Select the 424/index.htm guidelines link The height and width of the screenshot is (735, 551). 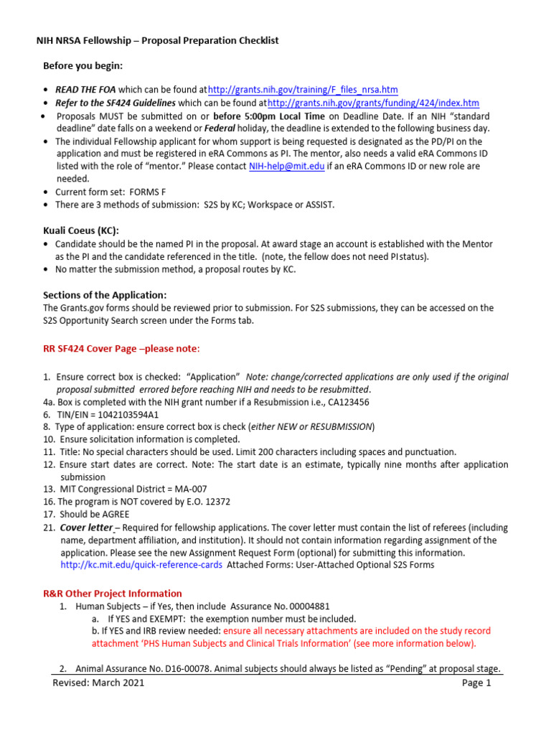(x=373, y=103)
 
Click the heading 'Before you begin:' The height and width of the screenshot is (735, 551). (x=83, y=66)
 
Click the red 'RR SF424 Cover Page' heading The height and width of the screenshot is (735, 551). (x=122, y=349)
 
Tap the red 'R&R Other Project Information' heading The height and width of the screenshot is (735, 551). (x=113, y=594)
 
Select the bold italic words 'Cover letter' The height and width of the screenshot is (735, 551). (x=85, y=528)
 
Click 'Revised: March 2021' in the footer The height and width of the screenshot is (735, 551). (x=98, y=683)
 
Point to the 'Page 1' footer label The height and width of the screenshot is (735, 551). (x=476, y=683)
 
